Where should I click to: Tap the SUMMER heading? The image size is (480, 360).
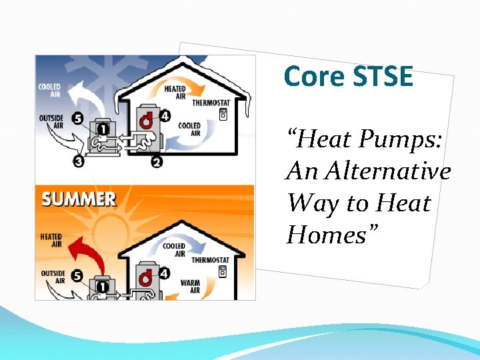[x=79, y=199]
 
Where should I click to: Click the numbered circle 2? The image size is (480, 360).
[x=157, y=161]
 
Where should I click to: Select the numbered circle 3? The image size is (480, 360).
[x=79, y=161]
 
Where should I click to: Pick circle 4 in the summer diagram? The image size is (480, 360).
[x=164, y=273]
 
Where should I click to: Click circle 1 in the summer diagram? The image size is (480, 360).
[x=103, y=287]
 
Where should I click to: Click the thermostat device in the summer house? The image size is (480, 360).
[x=222, y=271]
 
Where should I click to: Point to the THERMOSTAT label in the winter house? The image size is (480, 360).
[x=211, y=103]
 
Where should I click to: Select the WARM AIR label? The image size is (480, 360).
[x=190, y=287]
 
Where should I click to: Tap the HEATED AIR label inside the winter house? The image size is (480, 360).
[x=175, y=92]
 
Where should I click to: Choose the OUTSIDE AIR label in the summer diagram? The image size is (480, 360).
[x=53, y=277]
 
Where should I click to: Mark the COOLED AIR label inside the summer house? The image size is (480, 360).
[x=175, y=249]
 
